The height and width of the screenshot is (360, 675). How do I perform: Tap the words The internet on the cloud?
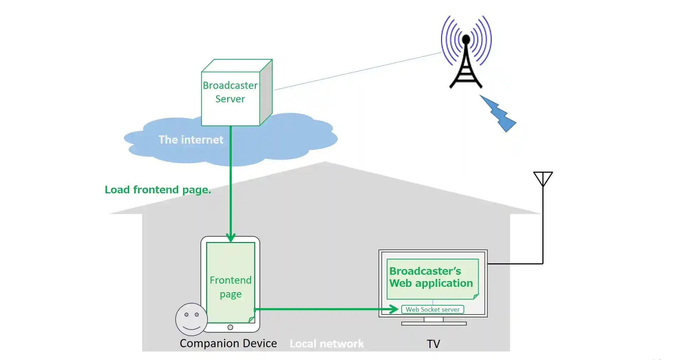[191, 140]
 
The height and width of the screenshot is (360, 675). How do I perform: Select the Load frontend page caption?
[158, 190]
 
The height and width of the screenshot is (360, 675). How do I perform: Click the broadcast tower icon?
[466, 53]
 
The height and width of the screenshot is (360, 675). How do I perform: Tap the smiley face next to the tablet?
[191, 319]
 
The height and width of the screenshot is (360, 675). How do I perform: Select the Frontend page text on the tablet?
[231, 287]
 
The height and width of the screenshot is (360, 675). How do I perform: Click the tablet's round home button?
[230, 327]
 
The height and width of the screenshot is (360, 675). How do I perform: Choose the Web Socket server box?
[433, 310]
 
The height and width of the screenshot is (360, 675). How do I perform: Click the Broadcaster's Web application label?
[431, 277]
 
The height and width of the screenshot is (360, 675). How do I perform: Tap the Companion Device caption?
[228, 343]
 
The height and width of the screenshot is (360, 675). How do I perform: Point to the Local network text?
[327, 344]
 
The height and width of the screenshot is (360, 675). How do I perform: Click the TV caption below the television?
[433, 344]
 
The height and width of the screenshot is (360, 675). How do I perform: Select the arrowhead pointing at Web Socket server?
[394, 309]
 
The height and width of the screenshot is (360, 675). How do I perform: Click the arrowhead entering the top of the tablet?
[231, 237]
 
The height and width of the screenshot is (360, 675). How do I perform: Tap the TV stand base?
[434, 323]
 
